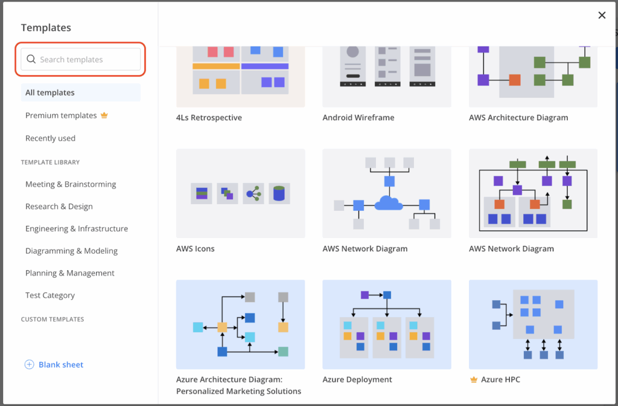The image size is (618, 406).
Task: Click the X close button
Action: [x=602, y=16]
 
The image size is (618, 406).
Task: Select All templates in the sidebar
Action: [x=50, y=92]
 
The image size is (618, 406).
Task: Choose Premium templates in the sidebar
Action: [x=61, y=115]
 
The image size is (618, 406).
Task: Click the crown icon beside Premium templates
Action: [x=104, y=115]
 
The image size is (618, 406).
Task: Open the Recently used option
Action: [x=50, y=138]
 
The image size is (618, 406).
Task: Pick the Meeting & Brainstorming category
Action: [x=71, y=184]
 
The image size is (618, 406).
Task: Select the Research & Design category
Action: [x=59, y=207]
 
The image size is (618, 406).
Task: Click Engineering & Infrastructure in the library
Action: [x=77, y=229]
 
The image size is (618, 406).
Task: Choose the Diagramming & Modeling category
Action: [x=71, y=251]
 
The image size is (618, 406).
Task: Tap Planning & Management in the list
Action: [x=70, y=273]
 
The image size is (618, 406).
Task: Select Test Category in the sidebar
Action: [x=50, y=295]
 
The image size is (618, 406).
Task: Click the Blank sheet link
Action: [x=60, y=365]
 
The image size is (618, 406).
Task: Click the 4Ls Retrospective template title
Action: [x=209, y=118]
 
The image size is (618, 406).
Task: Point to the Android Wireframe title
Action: [x=358, y=118]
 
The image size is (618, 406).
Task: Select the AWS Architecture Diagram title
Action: [x=518, y=118]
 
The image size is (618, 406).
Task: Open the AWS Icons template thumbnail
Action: [x=240, y=193]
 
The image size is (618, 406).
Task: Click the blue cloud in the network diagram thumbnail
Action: [x=388, y=204]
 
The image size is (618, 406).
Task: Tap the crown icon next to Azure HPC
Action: [x=474, y=380]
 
